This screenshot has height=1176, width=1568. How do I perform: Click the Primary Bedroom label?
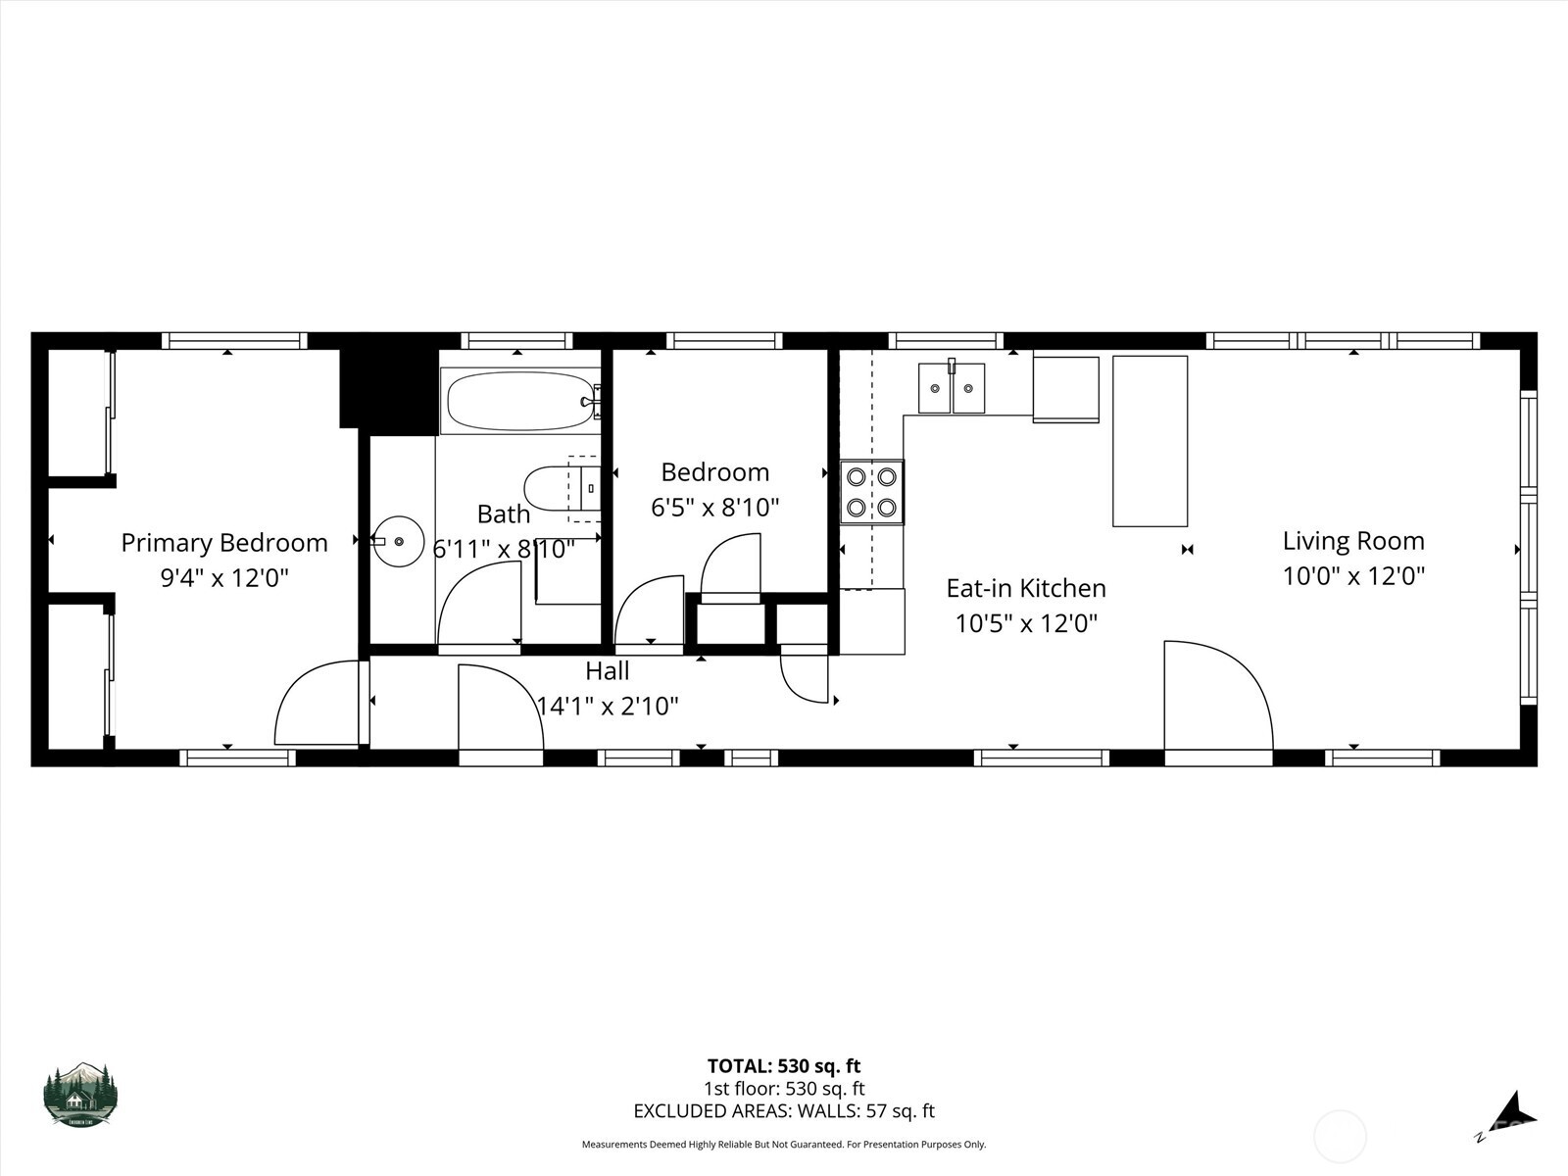click(x=224, y=543)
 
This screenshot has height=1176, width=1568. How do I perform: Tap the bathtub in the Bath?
click(x=518, y=401)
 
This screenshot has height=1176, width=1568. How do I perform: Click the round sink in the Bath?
click(x=399, y=541)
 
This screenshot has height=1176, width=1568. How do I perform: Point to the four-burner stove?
click(x=871, y=492)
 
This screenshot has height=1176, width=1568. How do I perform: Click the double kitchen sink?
click(x=951, y=389)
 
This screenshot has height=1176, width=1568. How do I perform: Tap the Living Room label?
click(x=1353, y=541)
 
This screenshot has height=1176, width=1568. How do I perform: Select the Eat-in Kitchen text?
click(x=1025, y=588)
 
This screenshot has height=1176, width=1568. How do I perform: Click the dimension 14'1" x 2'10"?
click(x=608, y=706)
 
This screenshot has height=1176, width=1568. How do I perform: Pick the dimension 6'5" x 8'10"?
click(x=714, y=508)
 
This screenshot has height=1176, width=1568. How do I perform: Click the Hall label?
click(x=607, y=671)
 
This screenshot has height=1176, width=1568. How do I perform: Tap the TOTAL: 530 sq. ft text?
click(x=784, y=1066)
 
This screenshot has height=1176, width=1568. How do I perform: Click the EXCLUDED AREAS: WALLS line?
click(x=784, y=1111)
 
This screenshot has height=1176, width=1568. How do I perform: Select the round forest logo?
click(x=80, y=1094)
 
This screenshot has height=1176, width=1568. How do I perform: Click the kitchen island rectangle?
click(x=1150, y=441)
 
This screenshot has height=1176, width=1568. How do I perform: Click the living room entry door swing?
click(x=1215, y=696)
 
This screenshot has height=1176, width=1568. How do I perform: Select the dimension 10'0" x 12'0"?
click(x=1353, y=576)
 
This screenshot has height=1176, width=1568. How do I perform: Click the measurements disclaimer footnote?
click(x=784, y=1145)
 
